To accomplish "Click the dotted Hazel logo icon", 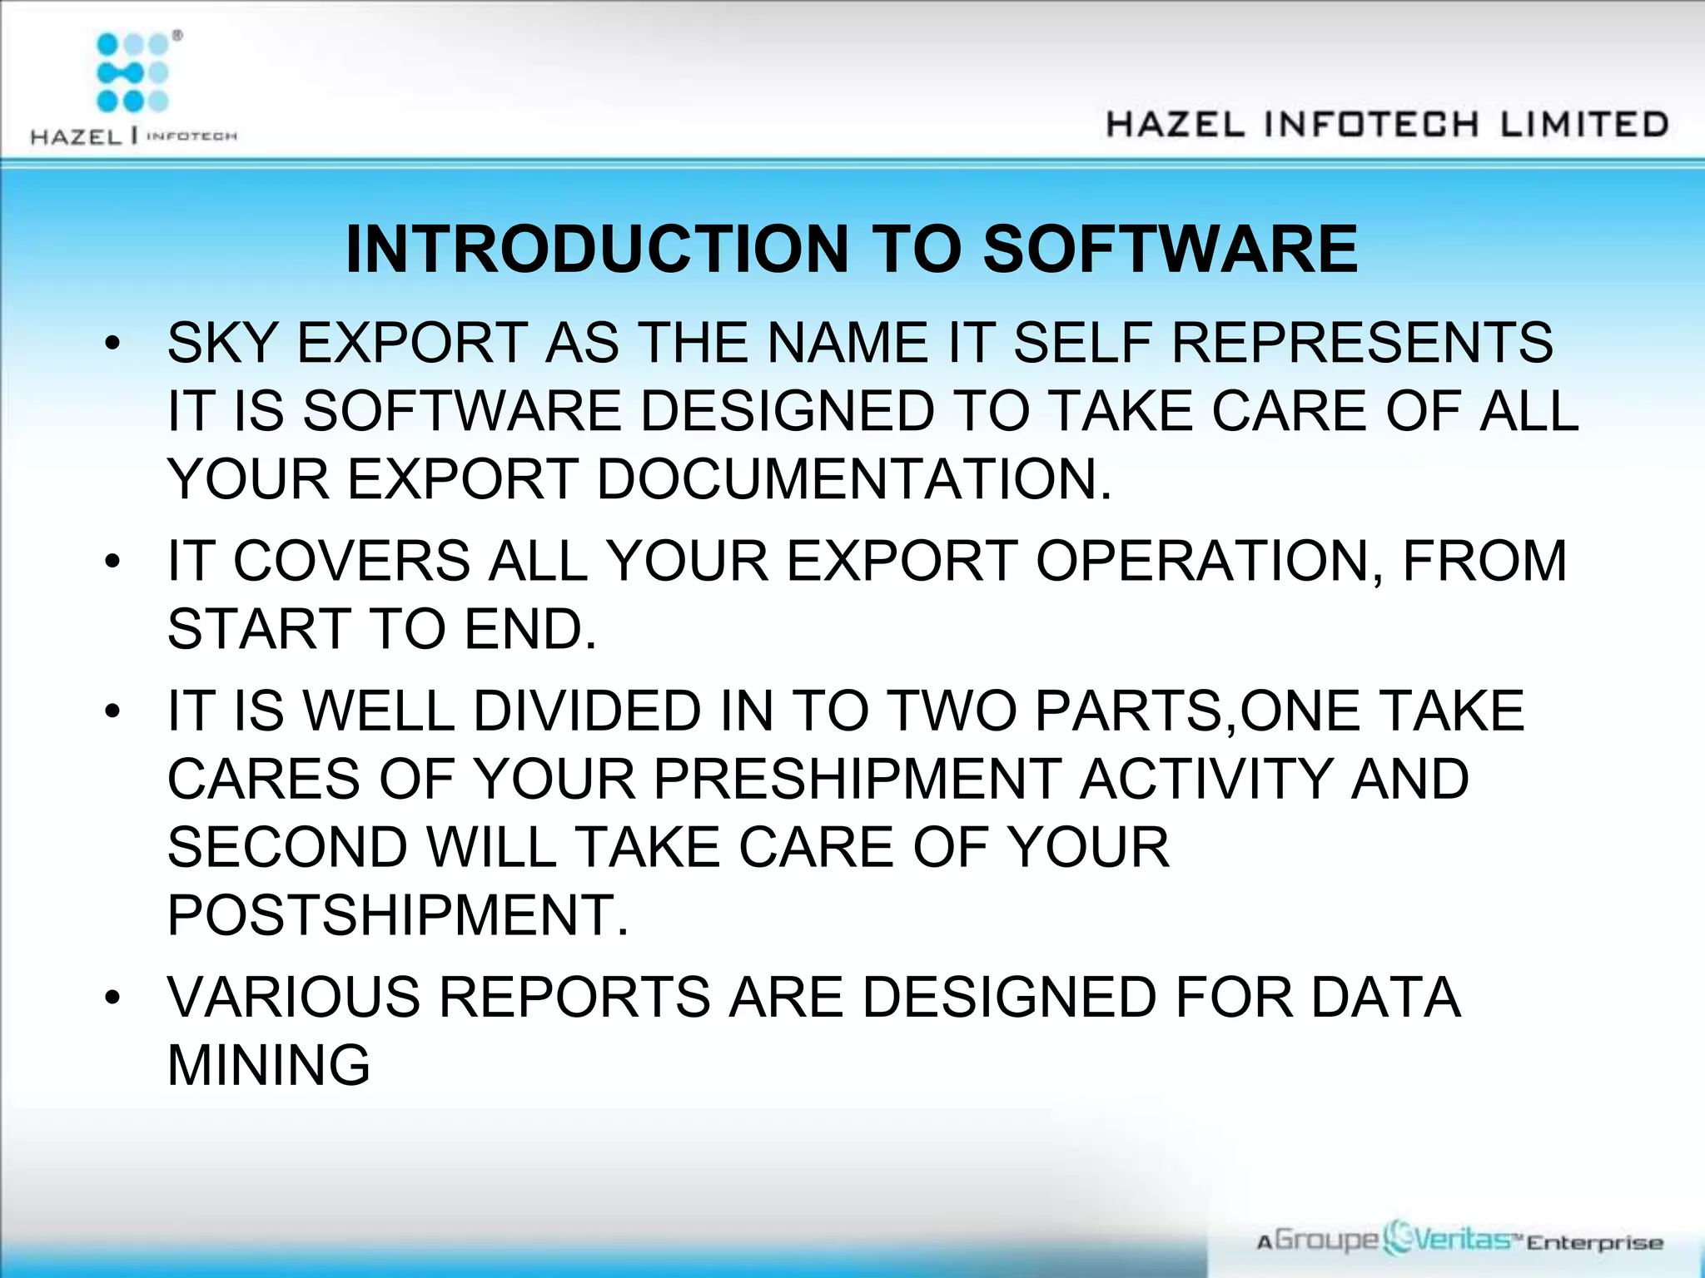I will pos(133,73).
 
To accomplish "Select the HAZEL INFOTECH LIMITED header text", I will pos(1387,125).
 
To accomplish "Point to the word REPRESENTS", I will pos(1362,343).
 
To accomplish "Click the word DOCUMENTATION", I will pos(854,480).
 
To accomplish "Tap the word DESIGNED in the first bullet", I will pos(788,411).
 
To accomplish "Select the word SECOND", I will pos(288,848).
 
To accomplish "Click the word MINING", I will pos(268,1066).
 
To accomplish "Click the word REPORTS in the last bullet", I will pos(574,998).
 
